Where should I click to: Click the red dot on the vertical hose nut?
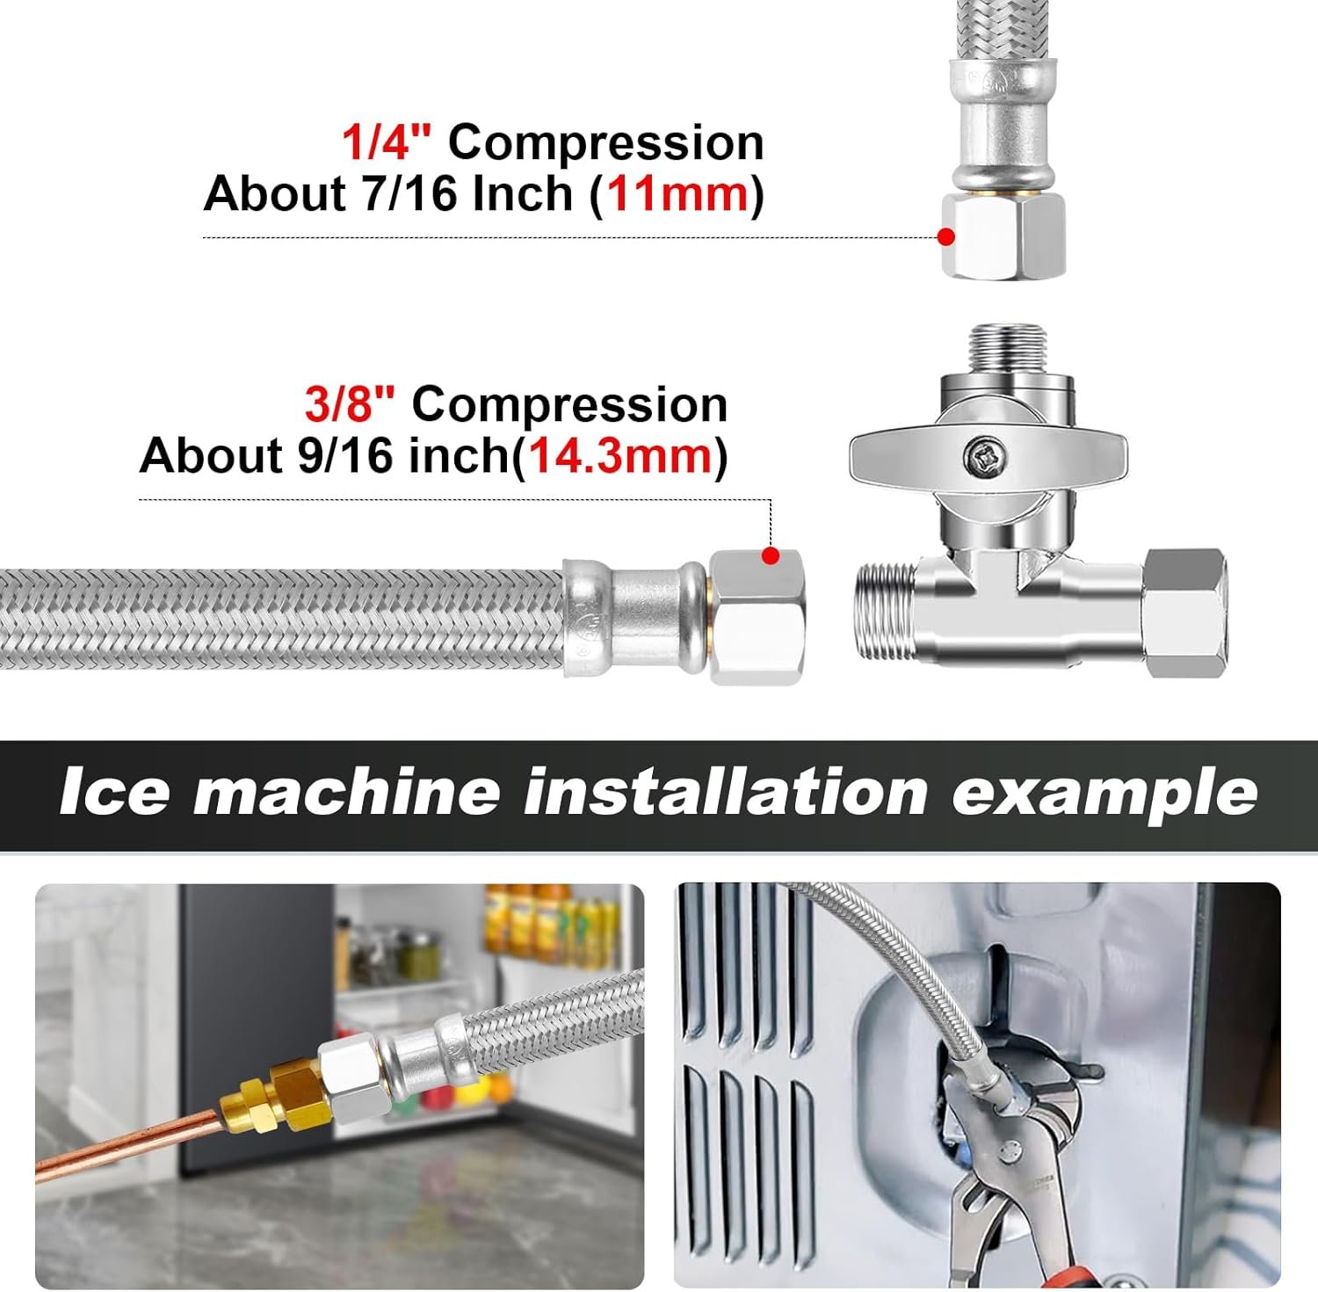click(x=946, y=237)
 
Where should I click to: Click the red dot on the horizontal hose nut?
click(x=771, y=555)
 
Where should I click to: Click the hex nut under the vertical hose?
click(x=1003, y=235)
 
